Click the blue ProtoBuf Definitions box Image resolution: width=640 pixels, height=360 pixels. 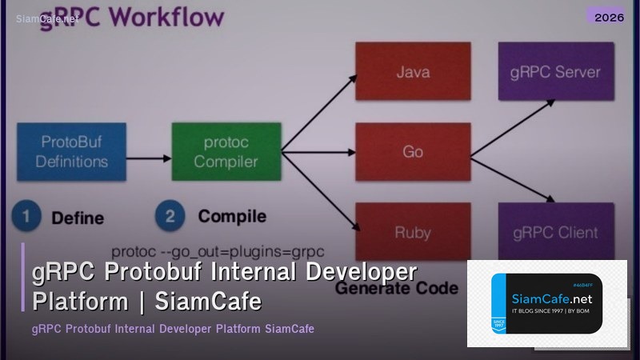[72, 152]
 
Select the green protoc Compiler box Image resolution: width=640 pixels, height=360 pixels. [226, 152]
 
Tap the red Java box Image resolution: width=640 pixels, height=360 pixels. [412, 72]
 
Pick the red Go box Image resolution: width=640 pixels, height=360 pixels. [412, 151]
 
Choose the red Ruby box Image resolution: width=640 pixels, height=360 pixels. [412, 233]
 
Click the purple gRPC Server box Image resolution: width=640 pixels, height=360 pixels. [555, 72]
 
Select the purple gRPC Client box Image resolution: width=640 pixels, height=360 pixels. [555, 233]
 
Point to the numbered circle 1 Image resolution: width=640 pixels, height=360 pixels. [26, 217]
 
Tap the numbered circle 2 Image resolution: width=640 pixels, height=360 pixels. [170, 217]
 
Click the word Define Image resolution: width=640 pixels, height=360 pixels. [78, 218]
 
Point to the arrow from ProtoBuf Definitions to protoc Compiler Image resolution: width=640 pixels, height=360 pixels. [149, 158]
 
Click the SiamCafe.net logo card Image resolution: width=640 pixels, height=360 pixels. [546, 303]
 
